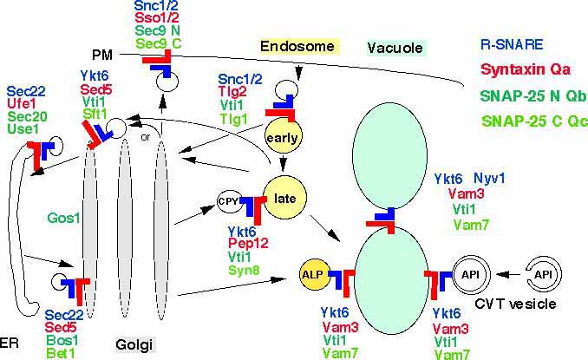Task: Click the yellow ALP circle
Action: [x=310, y=271]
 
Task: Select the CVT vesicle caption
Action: [x=526, y=304]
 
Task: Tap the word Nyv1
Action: [x=492, y=179]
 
